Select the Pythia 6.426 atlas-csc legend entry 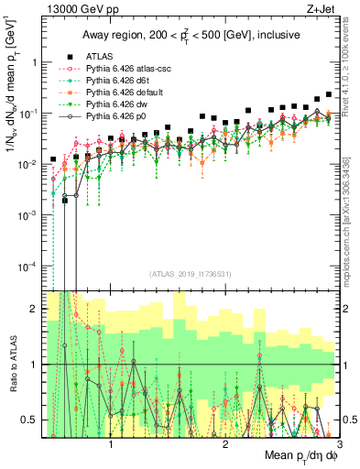click(122, 68)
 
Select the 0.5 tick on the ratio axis click(29, 420)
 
